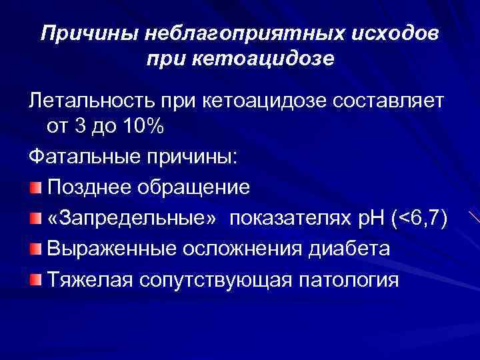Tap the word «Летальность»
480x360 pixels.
coord(93,101)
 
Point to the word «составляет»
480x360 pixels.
coord(388,101)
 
